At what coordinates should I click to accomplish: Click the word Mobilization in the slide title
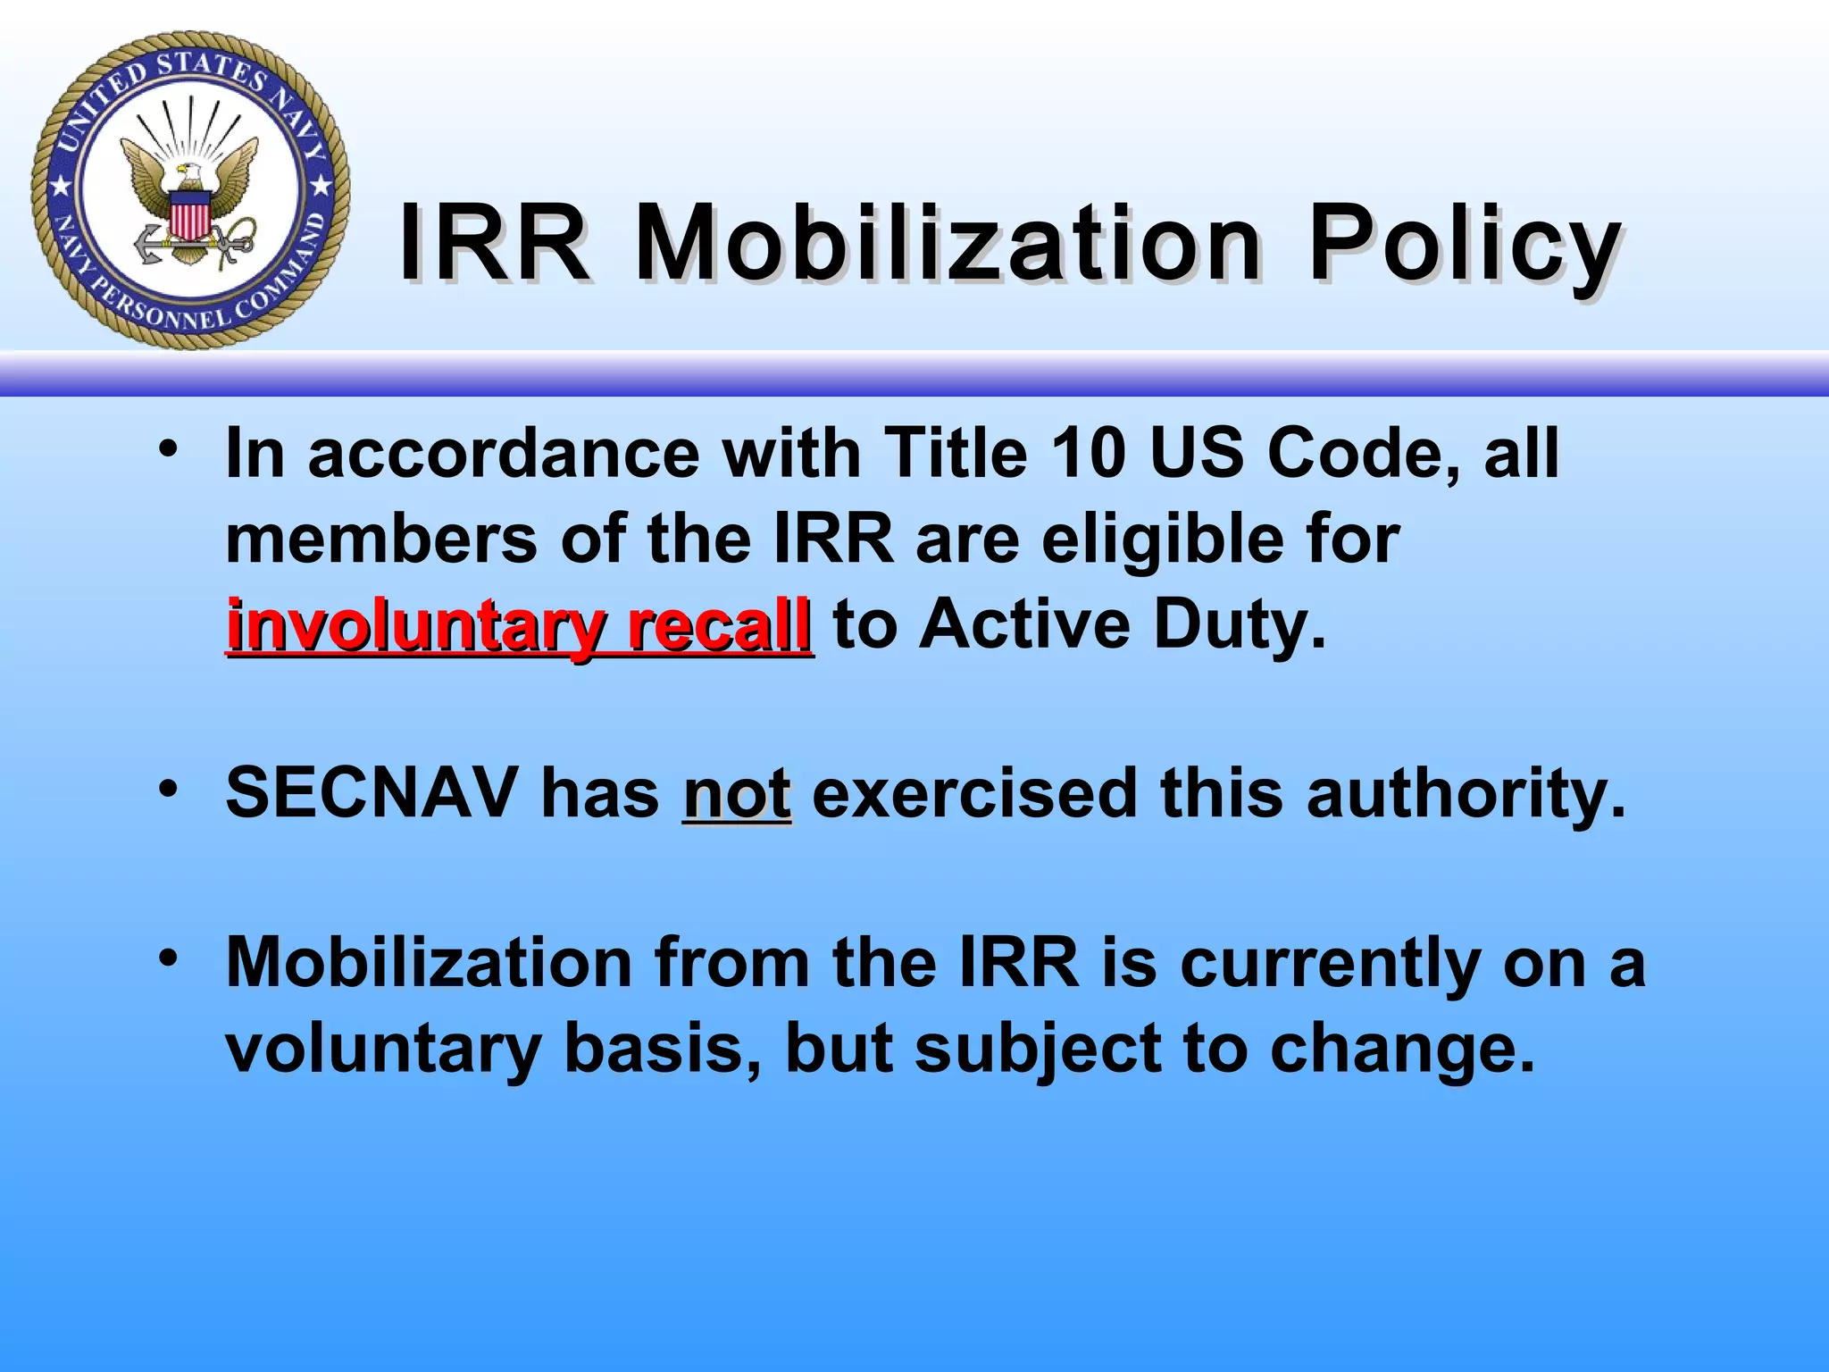(x=947, y=244)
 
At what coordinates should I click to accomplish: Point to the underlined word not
(x=737, y=793)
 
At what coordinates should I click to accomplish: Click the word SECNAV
(x=372, y=793)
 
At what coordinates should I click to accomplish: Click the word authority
(x=1466, y=793)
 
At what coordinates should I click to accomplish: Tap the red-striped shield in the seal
(x=189, y=217)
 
